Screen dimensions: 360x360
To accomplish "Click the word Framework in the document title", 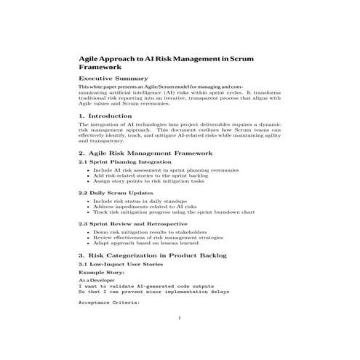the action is tap(100, 65).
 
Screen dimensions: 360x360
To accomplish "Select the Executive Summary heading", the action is tap(113, 78).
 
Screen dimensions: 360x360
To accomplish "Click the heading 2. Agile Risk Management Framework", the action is tap(145, 153).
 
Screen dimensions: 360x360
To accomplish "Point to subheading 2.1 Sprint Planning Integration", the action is tap(119, 162).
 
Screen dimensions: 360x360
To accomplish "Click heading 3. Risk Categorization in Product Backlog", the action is tap(153, 256).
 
